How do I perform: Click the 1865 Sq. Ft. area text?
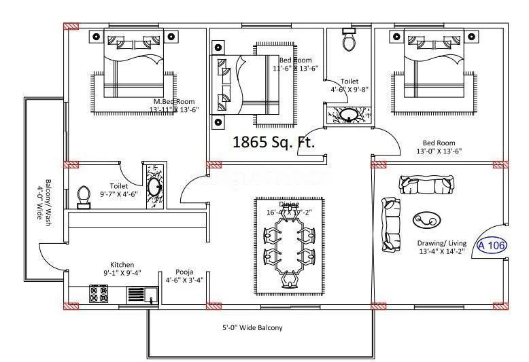tap(274, 143)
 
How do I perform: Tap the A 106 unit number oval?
tap(492, 245)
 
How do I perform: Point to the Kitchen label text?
tap(122, 265)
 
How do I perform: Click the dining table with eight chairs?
tap(289, 246)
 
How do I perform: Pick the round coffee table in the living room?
tap(426, 220)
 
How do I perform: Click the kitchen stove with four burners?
tap(99, 294)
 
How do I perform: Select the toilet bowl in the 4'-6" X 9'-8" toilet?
tap(349, 42)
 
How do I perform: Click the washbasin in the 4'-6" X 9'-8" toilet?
tap(349, 115)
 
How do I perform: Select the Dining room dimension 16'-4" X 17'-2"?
tap(289, 213)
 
